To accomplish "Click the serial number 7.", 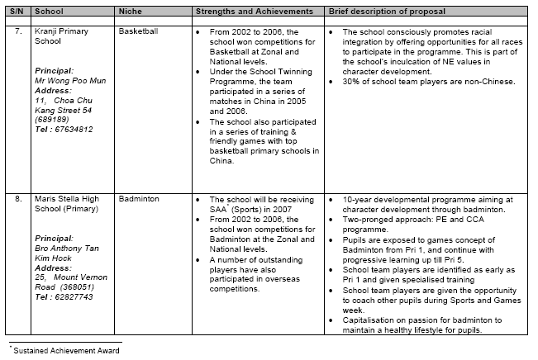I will click(x=17, y=31).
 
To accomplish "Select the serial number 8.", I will click(x=17, y=200).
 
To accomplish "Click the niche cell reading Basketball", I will click(x=138, y=31).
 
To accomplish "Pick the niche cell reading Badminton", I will click(x=137, y=200).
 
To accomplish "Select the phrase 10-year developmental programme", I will click(x=398, y=200).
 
